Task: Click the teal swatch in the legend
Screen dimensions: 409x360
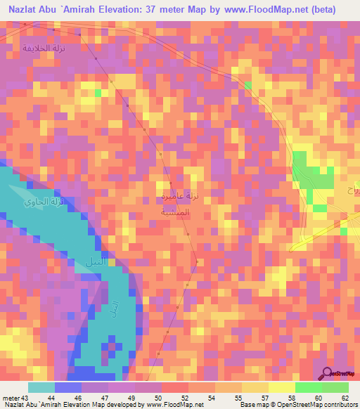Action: tap(41, 387)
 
